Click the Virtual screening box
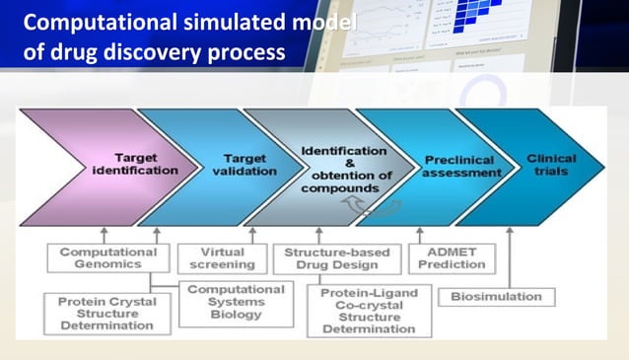215,257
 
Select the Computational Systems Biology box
235,302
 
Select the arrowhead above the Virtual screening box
251,232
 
